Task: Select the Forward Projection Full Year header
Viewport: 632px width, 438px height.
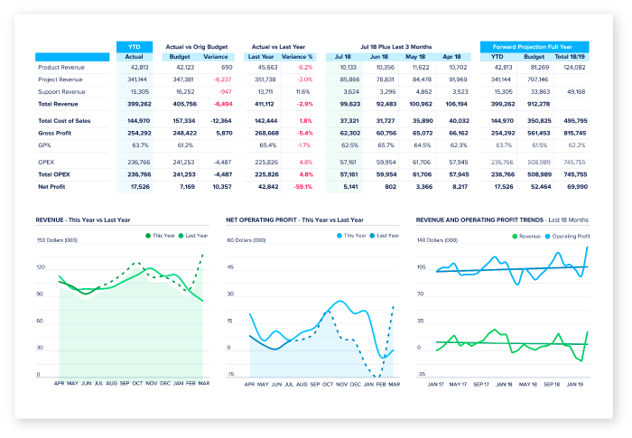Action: pos(534,46)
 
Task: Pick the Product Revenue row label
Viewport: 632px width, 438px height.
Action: pos(61,67)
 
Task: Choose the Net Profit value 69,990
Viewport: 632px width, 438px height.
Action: pos(575,186)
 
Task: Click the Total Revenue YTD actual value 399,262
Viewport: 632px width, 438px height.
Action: pos(139,104)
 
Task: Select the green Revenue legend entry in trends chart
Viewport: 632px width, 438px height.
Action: pos(525,237)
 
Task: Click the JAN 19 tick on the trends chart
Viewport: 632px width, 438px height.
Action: pos(573,384)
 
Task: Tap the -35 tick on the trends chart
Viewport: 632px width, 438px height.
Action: pos(420,374)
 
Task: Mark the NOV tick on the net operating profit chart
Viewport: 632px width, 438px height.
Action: pos(340,384)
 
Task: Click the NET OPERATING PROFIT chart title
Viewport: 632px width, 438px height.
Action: pos(294,219)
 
